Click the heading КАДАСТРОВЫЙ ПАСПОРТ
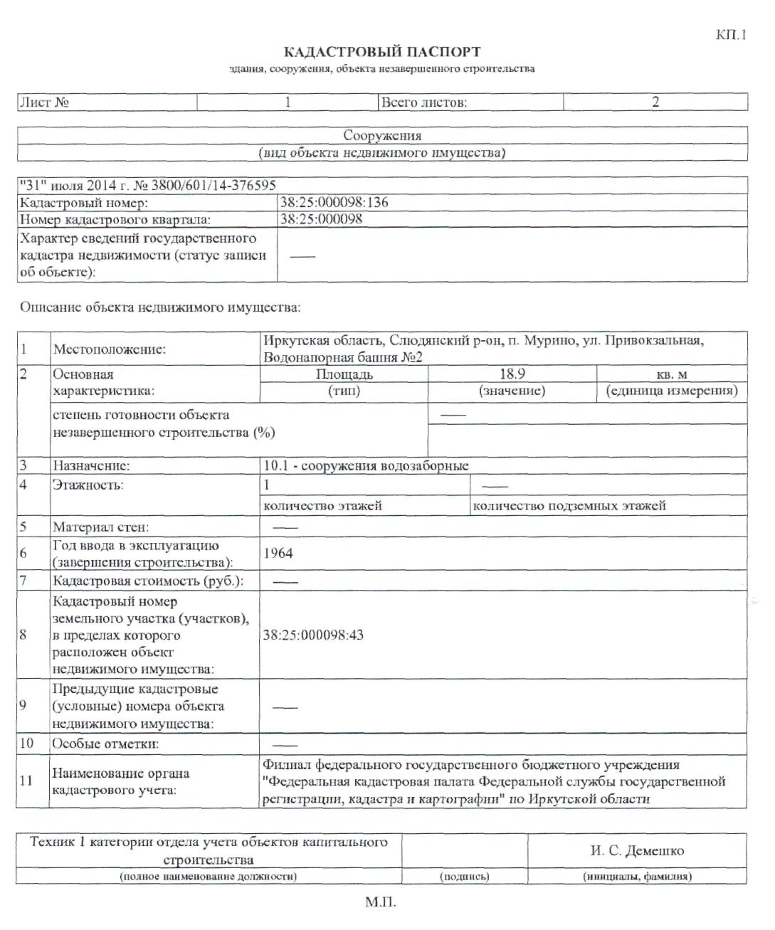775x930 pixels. pyautogui.click(x=382, y=52)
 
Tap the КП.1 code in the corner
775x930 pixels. pyautogui.click(x=731, y=35)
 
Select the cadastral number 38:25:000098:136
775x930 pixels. pyautogui.click(x=334, y=202)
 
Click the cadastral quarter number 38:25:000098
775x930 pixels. pyautogui.click(x=321, y=219)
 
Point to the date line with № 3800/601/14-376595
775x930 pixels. pyautogui.click(x=147, y=185)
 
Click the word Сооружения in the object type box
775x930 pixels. pyautogui.click(x=382, y=135)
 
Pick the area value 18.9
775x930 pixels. pyautogui.click(x=512, y=374)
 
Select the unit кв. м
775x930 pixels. pyautogui.click(x=672, y=374)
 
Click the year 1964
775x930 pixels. pyautogui.click(x=278, y=553)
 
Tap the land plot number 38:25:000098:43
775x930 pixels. pyautogui.click(x=313, y=635)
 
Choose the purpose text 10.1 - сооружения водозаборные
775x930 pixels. pyautogui.click(x=366, y=466)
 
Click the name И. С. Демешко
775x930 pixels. pyautogui.click(x=637, y=850)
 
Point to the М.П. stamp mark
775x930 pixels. pyautogui.click(x=381, y=903)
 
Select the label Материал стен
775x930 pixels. pyautogui.click(x=100, y=527)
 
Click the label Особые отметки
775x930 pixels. pyautogui.click(x=105, y=744)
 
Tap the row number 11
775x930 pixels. pyautogui.click(x=26, y=781)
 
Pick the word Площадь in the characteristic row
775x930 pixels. pyautogui.click(x=344, y=374)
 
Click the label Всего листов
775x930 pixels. pyautogui.click(x=423, y=102)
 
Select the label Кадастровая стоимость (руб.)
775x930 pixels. pyautogui.click(x=148, y=581)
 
